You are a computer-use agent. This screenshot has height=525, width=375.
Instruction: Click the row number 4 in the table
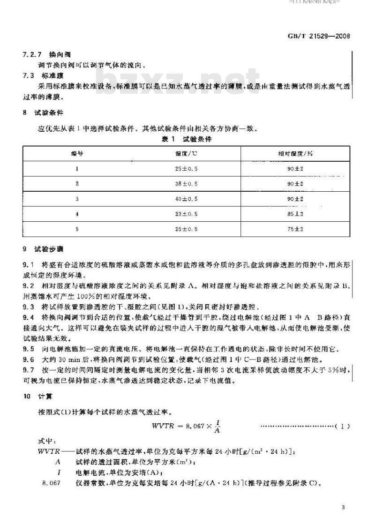tap(77, 214)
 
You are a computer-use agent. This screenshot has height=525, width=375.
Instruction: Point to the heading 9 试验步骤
tap(44, 249)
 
